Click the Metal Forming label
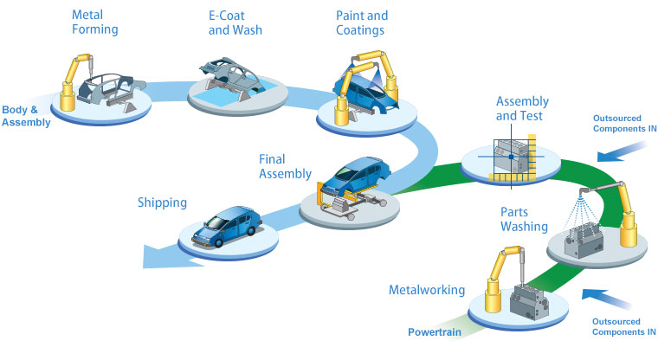94,22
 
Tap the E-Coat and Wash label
235,22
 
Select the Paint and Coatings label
362,22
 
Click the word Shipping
162,203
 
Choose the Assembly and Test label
521,108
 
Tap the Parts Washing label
524,219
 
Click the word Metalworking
427,290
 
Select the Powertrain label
435,331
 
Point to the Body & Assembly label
26,116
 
